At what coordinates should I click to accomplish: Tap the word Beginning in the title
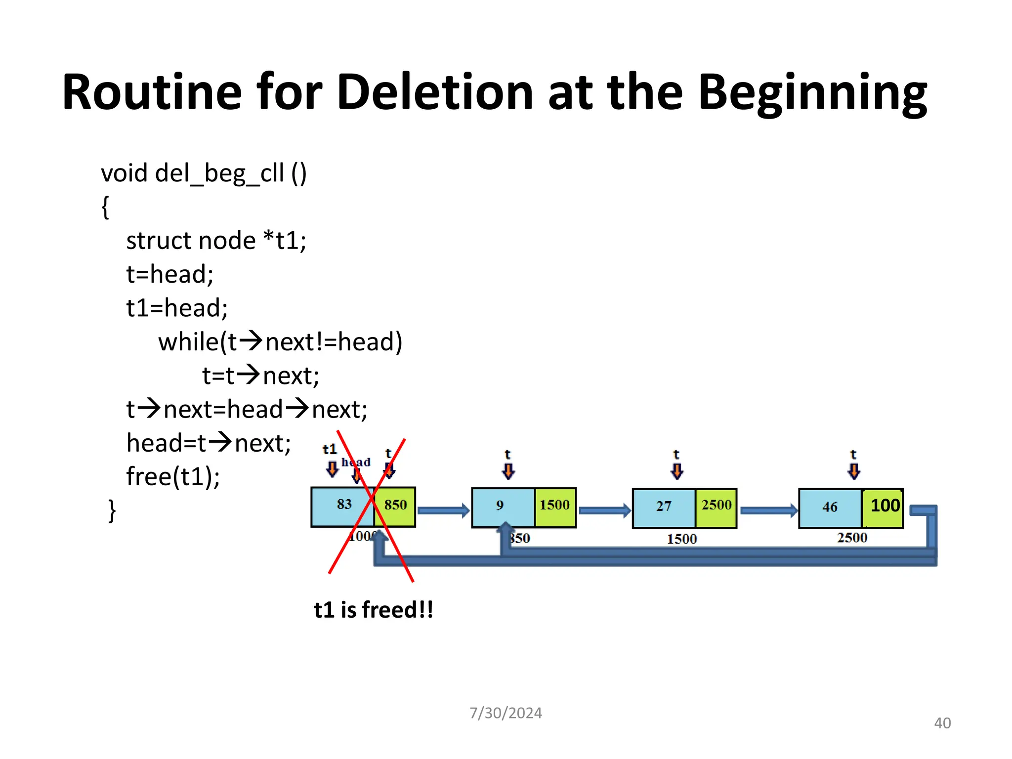(813, 92)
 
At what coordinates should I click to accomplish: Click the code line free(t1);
(173, 476)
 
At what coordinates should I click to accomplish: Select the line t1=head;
(177, 308)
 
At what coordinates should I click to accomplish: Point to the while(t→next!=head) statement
(280, 342)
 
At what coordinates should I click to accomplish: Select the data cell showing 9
(502, 506)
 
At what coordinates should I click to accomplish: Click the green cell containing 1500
(555, 506)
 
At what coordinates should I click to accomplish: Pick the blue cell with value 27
(664, 507)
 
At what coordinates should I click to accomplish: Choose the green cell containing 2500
(716, 506)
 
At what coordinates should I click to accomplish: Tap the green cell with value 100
(884, 506)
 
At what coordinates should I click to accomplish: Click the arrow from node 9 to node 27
(604, 510)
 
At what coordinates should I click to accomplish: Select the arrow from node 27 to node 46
(768, 510)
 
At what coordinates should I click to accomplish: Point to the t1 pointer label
(330, 449)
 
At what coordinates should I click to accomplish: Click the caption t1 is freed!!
(374, 610)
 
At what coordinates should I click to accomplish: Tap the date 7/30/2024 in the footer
(506, 713)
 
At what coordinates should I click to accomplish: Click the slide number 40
(942, 723)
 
